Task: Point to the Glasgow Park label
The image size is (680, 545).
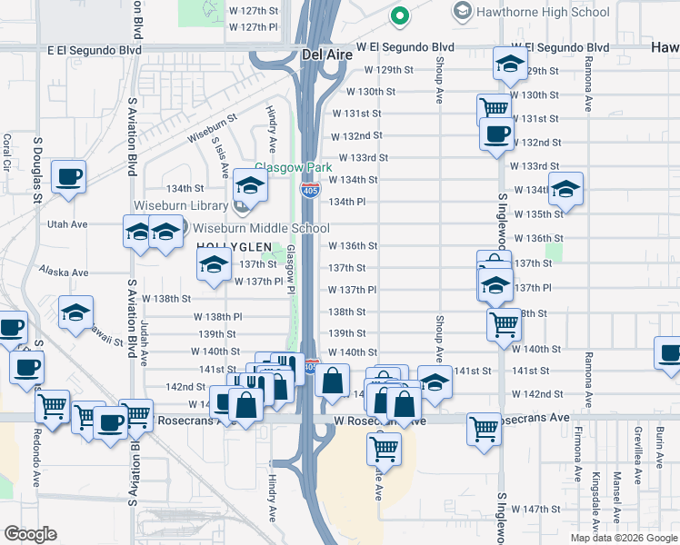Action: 287,168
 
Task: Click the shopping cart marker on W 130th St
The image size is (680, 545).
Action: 494,108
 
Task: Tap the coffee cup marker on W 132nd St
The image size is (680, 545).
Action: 497,134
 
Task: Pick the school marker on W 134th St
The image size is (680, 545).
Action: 565,189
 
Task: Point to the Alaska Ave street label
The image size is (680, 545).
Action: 64,272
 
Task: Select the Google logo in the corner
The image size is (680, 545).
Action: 31,534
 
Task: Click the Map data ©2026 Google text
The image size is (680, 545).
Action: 624,538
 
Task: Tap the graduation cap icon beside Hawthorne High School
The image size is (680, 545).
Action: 462,12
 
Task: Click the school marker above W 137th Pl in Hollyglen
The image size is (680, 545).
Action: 215,264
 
